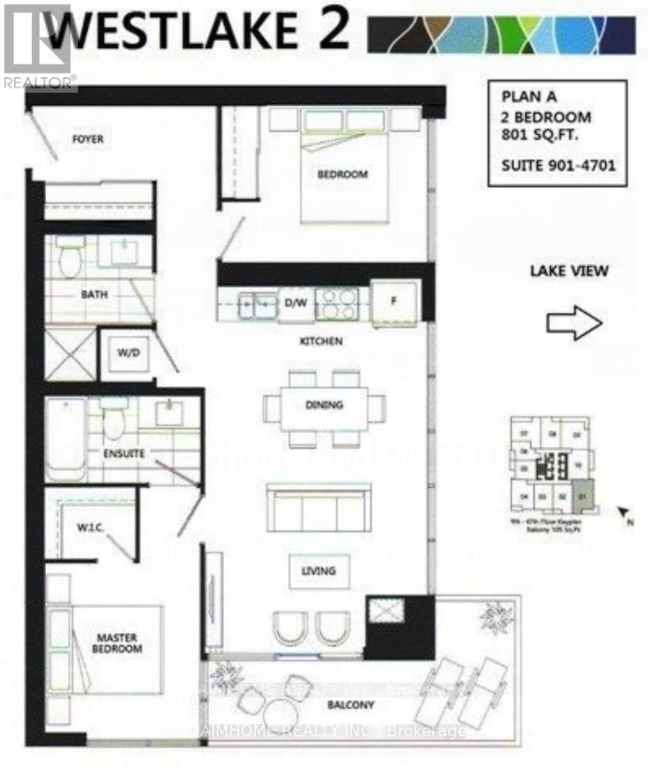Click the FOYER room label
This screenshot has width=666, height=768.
pyautogui.click(x=88, y=139)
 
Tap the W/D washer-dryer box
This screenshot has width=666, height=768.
pyautogui.click(x=129, y=352)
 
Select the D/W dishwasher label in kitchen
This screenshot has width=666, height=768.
pyautogui.click(x=296, y=302)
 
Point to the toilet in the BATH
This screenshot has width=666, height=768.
pyautogui.click(x=67, y=258)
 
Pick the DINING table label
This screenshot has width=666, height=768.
pyautogui.click(x=324, y=404)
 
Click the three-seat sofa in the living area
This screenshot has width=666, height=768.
pyautogui.click(x=319, y=506)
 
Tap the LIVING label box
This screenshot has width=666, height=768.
pyautogui.click(x=318, y=570)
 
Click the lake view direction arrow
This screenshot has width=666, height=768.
pyautogui.click(x=574, y=323)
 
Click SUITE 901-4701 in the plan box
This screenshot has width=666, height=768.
pyautogui.click(x=558, y=166)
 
